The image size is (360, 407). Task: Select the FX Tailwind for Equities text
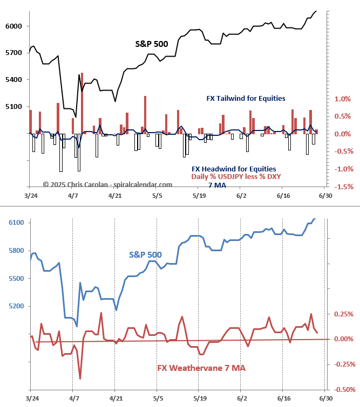click(246, 98)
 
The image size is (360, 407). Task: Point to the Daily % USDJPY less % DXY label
click(236, 177)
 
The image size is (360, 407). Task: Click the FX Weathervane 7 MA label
click(201, 368)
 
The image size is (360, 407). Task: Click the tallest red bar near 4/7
click(82, 102)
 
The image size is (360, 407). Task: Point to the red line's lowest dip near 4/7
click(80, 378)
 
